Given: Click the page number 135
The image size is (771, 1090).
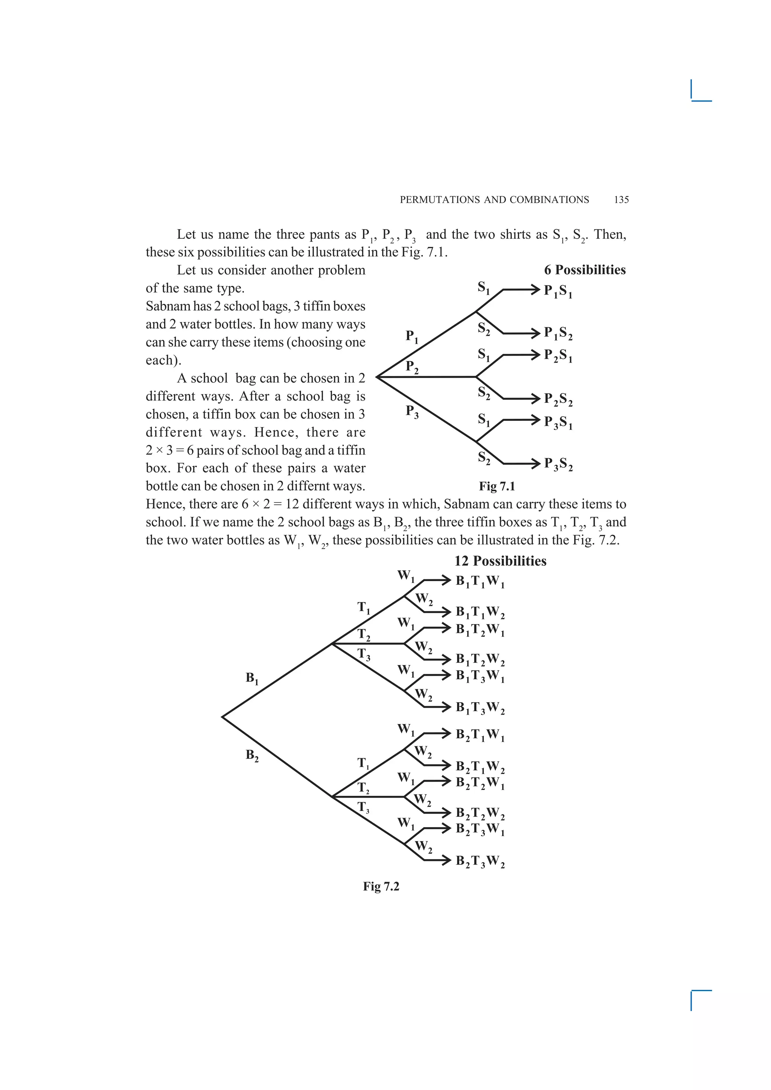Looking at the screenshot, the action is point(622,200).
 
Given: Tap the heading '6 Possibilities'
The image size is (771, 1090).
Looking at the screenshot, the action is point(585,270).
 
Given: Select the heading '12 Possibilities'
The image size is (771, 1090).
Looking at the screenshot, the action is point(500,561).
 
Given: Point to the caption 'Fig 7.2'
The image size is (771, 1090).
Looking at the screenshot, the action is point(381,887).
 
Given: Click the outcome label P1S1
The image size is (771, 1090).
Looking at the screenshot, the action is point(558,291).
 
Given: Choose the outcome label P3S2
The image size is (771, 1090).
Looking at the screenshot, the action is point(558,464).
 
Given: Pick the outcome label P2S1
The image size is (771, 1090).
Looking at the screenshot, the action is point(558,356).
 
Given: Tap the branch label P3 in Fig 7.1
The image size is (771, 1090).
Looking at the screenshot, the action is point(412,411).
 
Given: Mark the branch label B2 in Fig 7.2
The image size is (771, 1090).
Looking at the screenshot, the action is point(252,755).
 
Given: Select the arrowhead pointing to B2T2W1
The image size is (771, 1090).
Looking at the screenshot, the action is point(445,781).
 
